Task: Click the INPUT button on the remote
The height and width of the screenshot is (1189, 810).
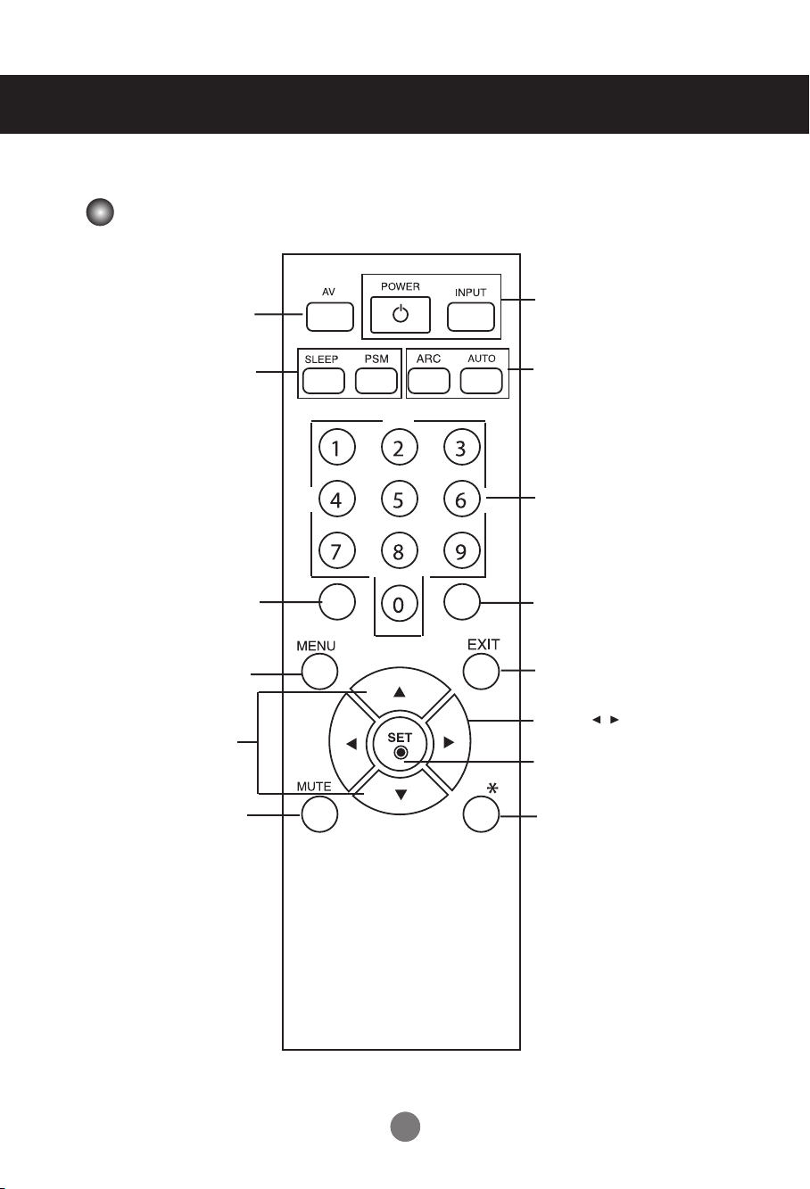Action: coord(470,317)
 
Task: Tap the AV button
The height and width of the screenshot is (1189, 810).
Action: coord(329,317)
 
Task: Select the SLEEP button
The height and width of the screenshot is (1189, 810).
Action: coord(323,381)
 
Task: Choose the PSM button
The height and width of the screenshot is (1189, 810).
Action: coord(376,381)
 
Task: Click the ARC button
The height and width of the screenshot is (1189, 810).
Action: coord(429,381)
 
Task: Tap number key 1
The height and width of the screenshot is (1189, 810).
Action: coord(336,448)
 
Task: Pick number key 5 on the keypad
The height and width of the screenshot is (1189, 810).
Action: coord(399,500)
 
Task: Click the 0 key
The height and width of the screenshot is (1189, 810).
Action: coord(399,605)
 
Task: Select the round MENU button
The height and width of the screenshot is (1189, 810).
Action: coord(319,672)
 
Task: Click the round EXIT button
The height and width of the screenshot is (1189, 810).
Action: coord(482,672)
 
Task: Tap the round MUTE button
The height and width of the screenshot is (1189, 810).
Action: coord(319,813)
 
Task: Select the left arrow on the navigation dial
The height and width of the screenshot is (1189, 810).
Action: coord(351,742)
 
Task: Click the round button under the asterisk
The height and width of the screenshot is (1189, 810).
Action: coord(482,813)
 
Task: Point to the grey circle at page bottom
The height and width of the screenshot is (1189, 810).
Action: coord(406,1127)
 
